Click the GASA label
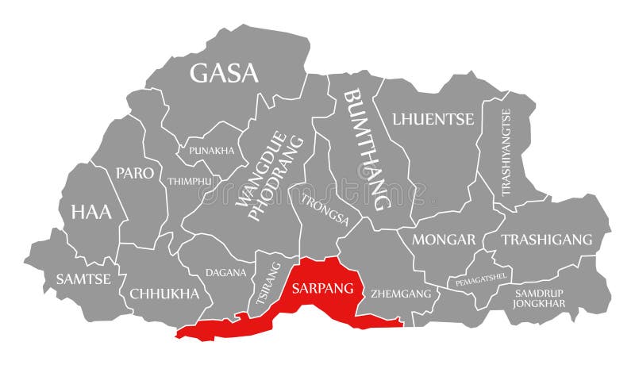224,73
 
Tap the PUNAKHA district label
211,150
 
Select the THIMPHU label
189,181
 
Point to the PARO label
135,173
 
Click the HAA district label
91,212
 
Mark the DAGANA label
225,272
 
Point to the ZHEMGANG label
401,294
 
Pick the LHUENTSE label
433,119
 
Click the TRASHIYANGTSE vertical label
506,152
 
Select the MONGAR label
444,239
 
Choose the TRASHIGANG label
547,239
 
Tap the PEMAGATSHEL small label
482,280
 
